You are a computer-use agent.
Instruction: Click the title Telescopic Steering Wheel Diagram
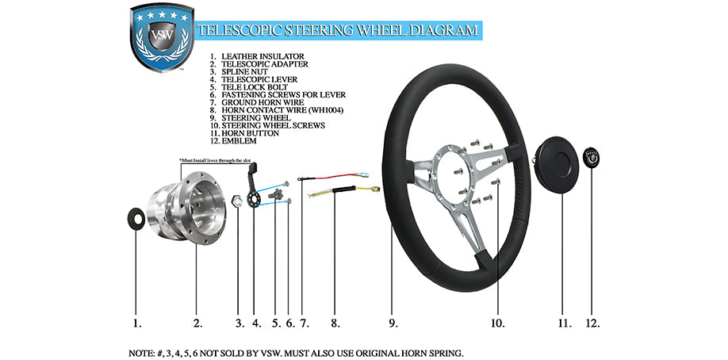coord(338,31)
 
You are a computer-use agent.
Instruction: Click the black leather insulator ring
coord(136,217)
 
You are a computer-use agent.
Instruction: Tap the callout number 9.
coord(393,324)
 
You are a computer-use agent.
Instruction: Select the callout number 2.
coord(197,324)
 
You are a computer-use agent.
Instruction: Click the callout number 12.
coord(592,324)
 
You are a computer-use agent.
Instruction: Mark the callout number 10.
coord(496,324)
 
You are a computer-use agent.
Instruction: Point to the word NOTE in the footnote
coord(142,351)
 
